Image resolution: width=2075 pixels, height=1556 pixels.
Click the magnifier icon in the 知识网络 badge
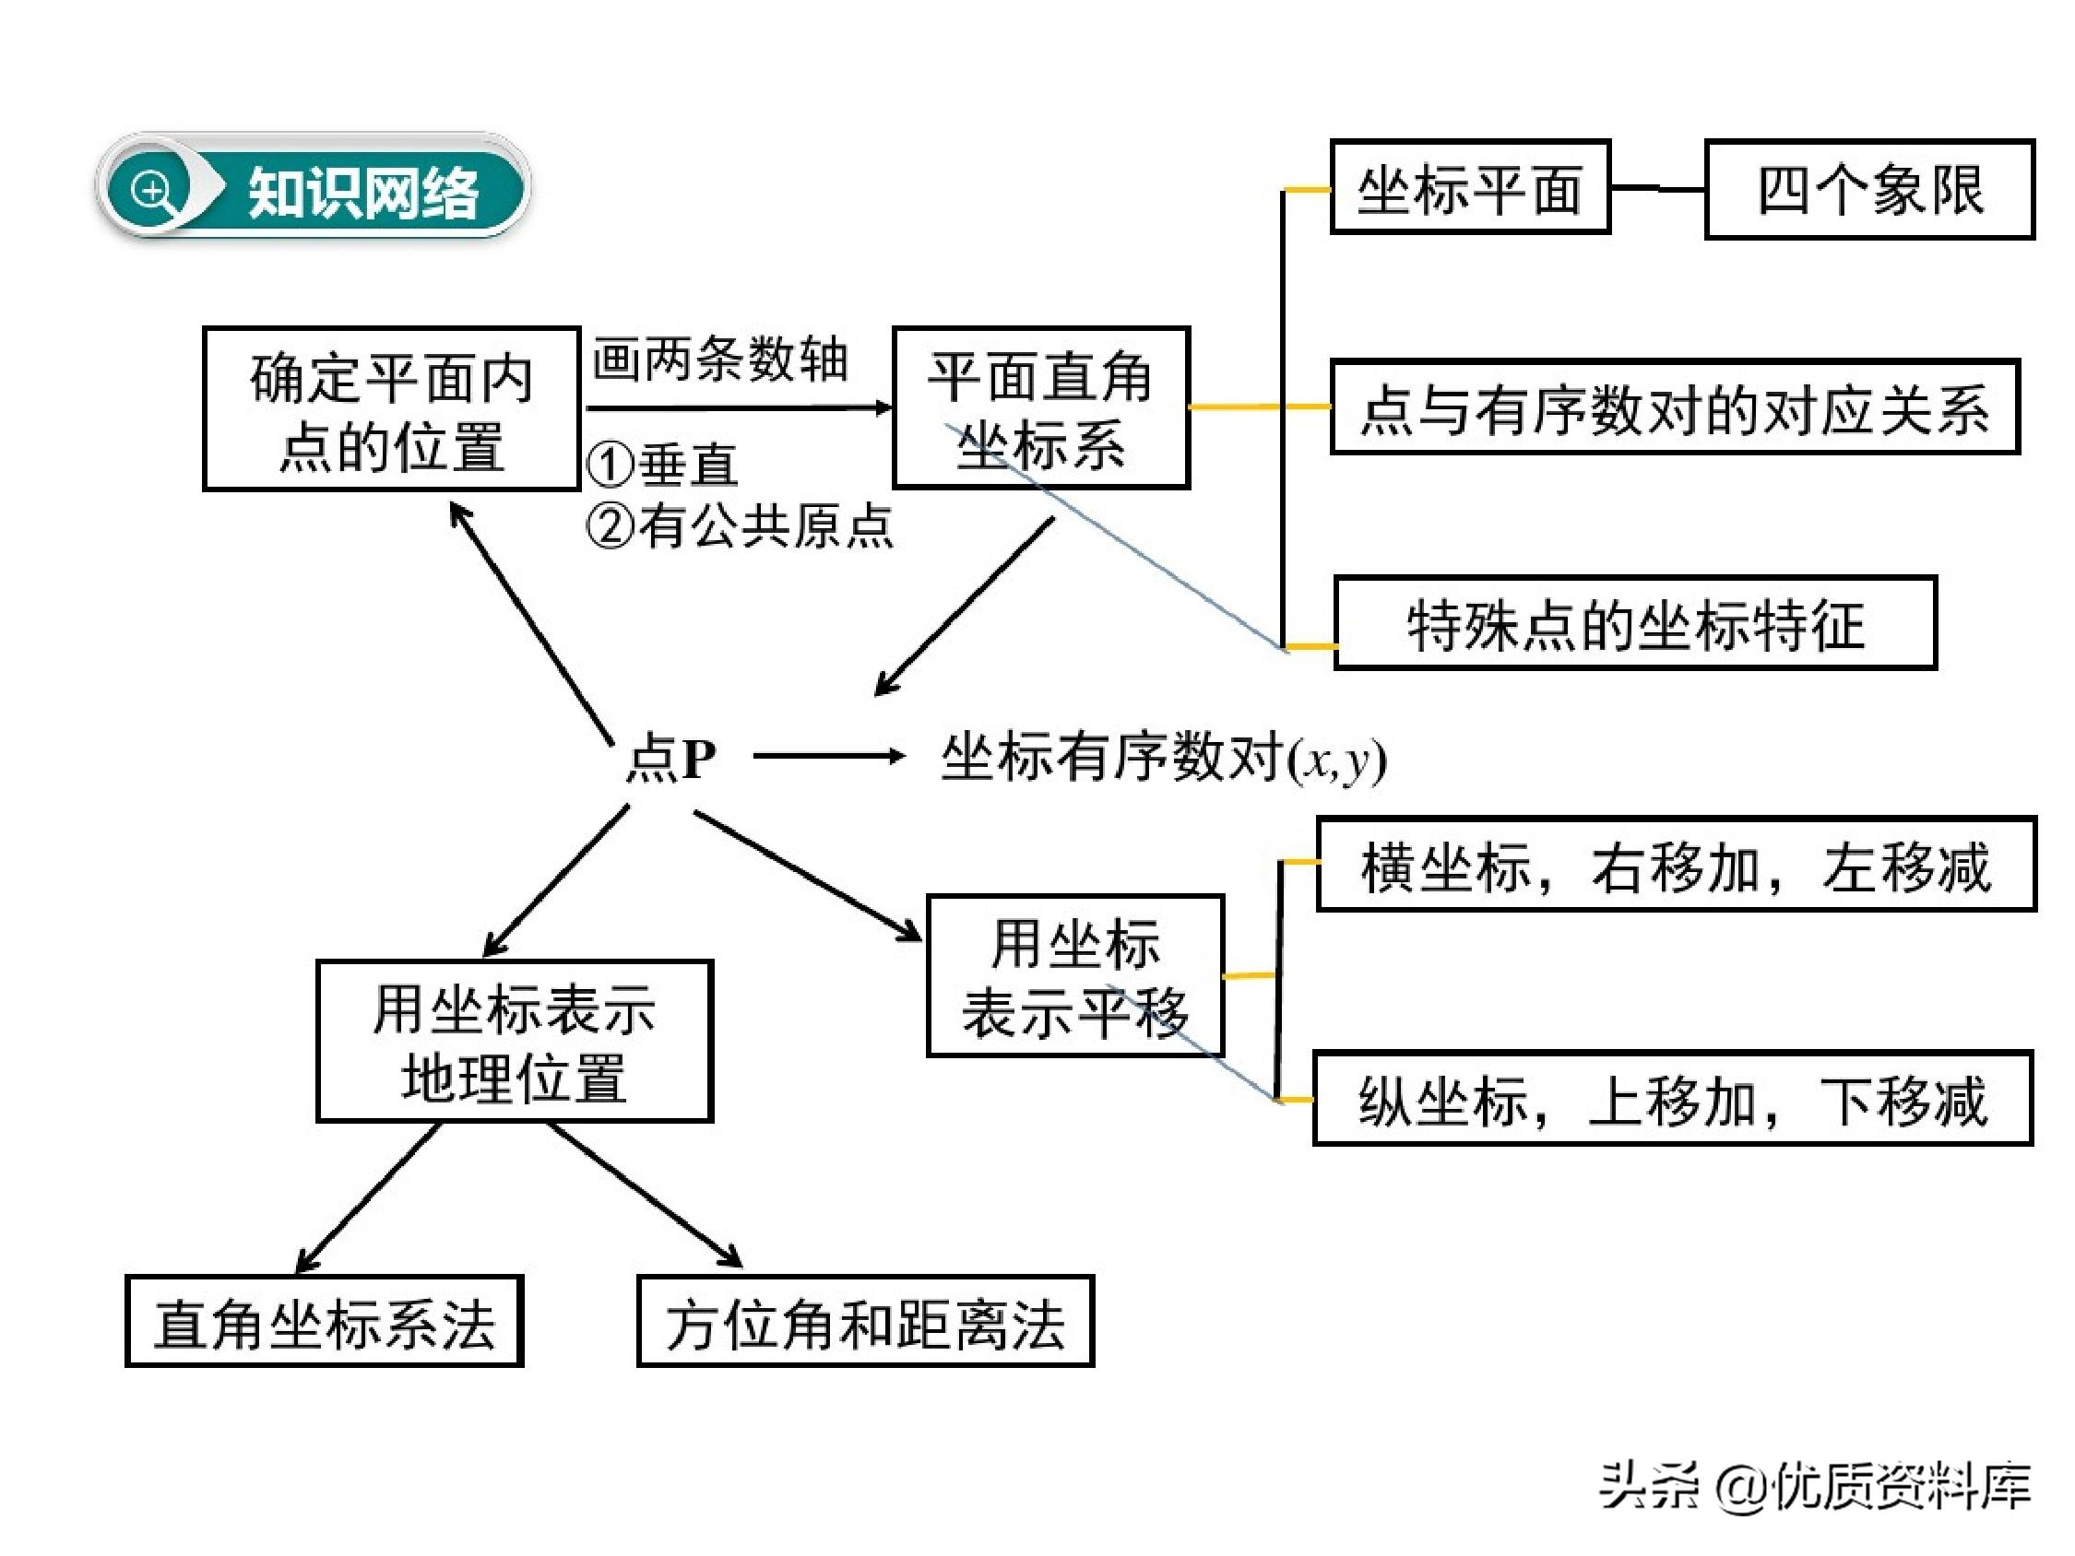(152, 192)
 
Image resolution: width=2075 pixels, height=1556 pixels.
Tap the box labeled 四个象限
(1867, 190)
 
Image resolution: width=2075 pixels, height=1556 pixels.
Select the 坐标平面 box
(1469, 187)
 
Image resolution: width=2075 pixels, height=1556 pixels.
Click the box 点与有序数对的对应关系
(1675, 408)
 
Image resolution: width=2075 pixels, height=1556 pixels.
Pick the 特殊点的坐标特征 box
(1635, 624)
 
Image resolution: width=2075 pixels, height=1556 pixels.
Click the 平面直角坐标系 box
(1040, 408)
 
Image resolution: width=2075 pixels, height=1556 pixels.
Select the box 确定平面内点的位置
(391, 409)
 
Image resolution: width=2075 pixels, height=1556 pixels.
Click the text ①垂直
(663, 466)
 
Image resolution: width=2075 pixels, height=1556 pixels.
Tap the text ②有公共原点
(741, 525)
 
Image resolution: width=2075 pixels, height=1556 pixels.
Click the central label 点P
(670, 758)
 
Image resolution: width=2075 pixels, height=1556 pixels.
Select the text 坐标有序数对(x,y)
(1163, 758)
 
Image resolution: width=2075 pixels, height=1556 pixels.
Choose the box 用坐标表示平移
(1075, 976)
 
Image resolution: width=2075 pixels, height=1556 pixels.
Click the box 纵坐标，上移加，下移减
(1673, 1099)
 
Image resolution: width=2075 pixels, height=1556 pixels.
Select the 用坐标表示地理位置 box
(514, 1041)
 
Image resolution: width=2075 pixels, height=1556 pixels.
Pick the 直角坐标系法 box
(325, 1322)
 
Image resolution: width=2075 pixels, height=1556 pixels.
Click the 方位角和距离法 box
(865, 1322)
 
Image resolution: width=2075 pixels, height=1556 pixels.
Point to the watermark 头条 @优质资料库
(1815, 1486)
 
